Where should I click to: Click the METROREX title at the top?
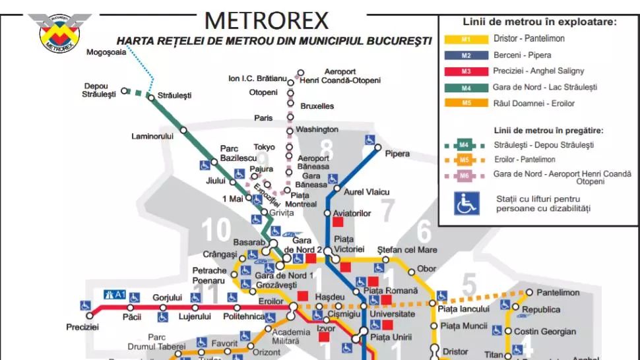[267, 20]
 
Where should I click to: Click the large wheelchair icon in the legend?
[466, 203]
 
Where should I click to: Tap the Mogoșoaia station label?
[106, 53]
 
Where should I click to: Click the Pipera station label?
[397, 154]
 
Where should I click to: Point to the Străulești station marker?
[152, 97]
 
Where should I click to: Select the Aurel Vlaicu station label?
[367, 192]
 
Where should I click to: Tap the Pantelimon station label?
[558, 292]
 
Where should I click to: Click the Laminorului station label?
[152, 136]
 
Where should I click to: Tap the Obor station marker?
[411, 271]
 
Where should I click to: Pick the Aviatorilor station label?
[352, 214]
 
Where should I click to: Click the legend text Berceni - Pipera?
[522, 55]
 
